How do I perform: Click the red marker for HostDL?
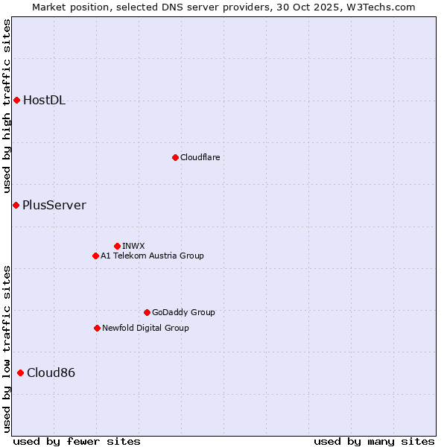(x=16, y=100)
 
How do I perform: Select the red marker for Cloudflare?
(x=175, y=157)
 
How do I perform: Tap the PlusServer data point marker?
(x=16, y=205)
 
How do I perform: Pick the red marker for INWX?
(x=117, y=246)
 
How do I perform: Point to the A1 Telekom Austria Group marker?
(x=95, y=256)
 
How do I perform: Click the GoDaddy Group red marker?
(x=147, y=312)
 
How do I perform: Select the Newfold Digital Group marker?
(x=97, y=328)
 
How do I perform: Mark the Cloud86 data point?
(x=20, y=372)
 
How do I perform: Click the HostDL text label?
(x=44, y=101)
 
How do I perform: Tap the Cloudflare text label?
(x=200, y=157)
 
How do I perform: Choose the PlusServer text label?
(x=54, y=206)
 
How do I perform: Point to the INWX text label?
(x=133, y=246)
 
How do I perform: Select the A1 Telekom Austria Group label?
(x=152, y=256)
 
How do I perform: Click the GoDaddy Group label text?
(x=183, y=312)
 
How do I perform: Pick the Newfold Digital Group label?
(x=145, y=328)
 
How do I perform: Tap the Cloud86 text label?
(x=51, y=373)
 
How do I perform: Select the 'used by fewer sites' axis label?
(x=77, y=441)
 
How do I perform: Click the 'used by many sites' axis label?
(x=374, y=441)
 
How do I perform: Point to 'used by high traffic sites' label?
(x=7, y=107)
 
